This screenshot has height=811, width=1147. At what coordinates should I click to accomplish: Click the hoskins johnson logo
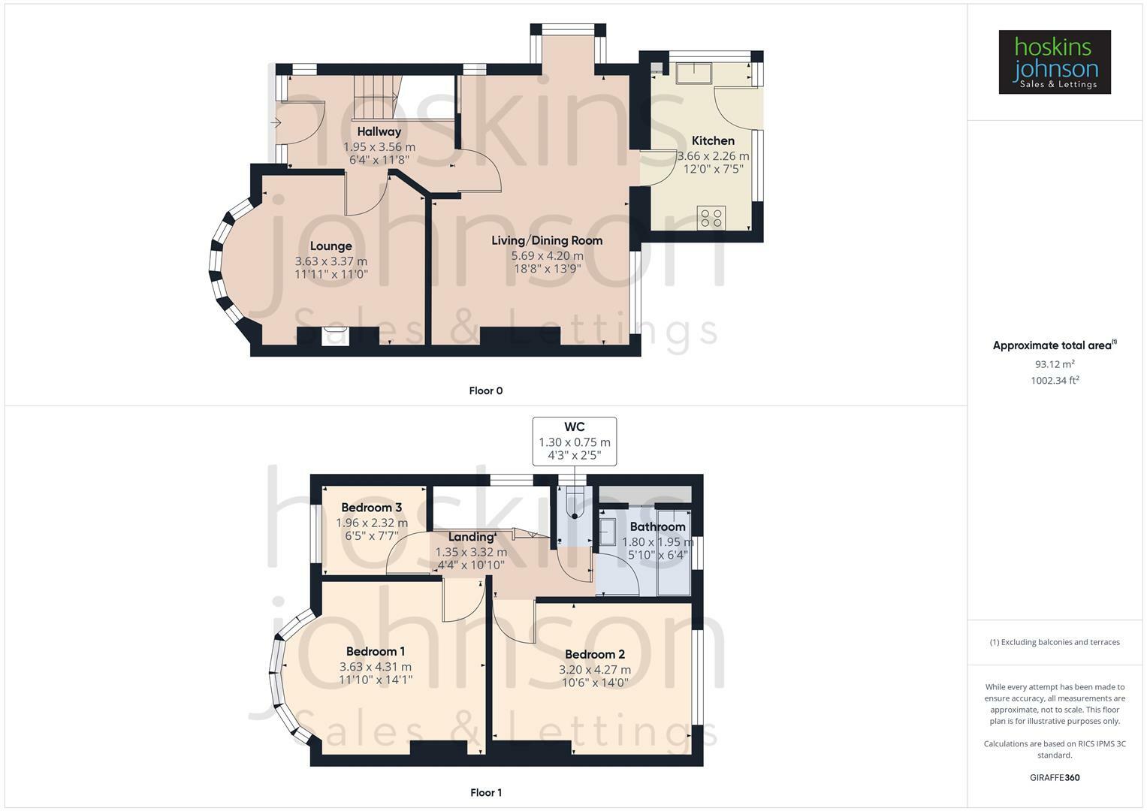tap(1054, 62)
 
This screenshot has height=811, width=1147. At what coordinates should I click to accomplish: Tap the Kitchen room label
tap(713, 140)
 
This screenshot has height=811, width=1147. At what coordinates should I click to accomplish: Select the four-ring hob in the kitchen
tap(711, 219)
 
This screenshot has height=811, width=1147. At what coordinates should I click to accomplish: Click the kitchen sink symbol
tap(695, 73)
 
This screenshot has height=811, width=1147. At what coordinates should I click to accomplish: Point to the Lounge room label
tap(331, 246)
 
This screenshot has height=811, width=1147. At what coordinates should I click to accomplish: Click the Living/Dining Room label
tap(547, 240)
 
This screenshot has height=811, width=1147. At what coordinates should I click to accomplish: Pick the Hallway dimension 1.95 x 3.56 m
tap(379, 147)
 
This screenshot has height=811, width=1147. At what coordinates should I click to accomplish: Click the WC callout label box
tap(575, 442)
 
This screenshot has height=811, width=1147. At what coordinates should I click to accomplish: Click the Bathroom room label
tap(657, 526)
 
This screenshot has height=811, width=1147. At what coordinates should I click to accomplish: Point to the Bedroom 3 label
tap(371, 508)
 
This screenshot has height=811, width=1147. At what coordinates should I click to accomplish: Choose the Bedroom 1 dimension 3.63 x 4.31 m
tap(375, 667)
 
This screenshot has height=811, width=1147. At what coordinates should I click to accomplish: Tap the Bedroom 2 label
tap(594, 654)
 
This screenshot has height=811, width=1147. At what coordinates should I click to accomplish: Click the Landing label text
tap(471, 537)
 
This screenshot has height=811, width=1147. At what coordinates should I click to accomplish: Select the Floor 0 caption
tap(485, 390)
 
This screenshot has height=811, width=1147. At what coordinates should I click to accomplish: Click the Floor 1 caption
tap(485, 792)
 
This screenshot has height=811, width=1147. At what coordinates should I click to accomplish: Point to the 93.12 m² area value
tap(1054, 364)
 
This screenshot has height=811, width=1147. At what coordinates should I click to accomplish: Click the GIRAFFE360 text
tap(1054, 777)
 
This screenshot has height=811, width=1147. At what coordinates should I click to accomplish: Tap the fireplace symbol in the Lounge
tap(331, 336)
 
